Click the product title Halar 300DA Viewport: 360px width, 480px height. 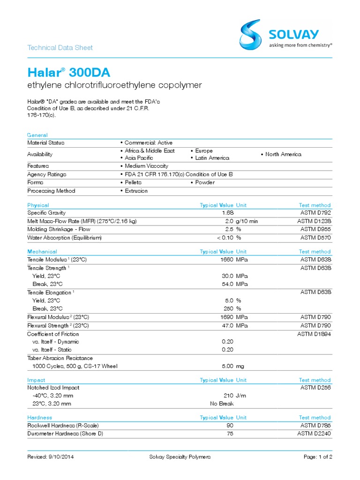pos(69,73)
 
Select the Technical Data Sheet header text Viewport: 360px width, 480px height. pos(60,47)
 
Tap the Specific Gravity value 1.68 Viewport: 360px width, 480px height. pos(227,213)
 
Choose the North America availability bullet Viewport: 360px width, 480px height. pos(281,154)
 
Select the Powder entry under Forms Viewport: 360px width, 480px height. pos(202,182)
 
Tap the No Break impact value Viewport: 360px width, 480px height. pos(221,403)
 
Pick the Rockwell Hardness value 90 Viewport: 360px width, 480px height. pos(230,425)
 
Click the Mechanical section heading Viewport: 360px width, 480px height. pos(42,252)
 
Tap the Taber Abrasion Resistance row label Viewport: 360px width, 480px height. pos(60,358)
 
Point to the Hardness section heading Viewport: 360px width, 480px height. pos(40,417)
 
